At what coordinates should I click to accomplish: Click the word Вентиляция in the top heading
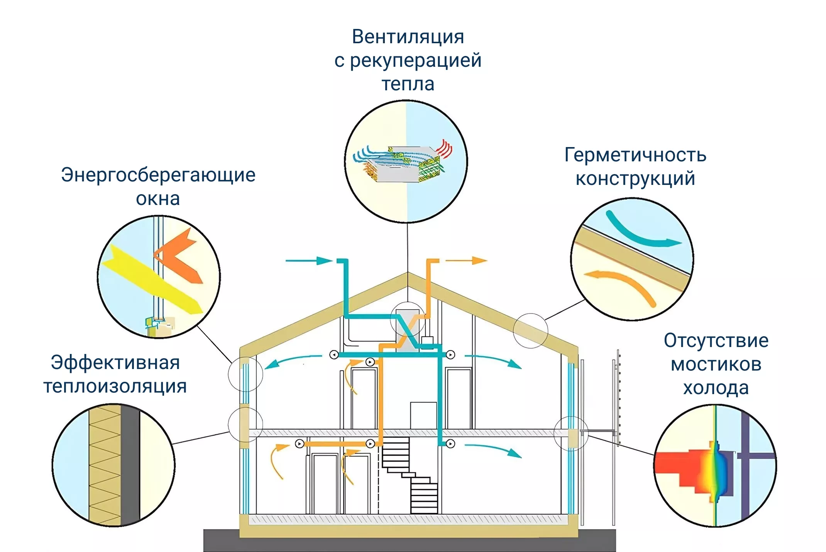408,37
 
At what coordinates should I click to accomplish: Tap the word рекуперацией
416,61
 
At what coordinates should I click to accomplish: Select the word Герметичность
635,155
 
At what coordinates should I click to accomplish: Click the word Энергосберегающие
158,175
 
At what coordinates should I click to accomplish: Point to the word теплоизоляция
115,387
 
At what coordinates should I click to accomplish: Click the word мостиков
716,365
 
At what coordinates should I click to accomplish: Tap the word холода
716,388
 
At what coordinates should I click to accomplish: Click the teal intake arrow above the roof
309,261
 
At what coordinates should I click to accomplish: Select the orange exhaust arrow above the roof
467,261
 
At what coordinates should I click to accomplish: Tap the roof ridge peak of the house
408,275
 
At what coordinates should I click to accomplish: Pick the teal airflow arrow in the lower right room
494,450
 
